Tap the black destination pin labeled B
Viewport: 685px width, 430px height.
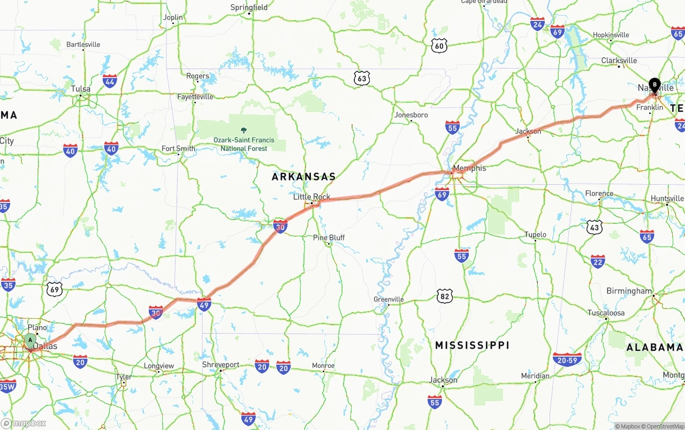[x=654, y=85]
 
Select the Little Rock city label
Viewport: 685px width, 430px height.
[x=311, y=197]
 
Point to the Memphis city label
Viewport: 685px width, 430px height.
[x=469, y=168]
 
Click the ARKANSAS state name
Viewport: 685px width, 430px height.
[x=303, y=176]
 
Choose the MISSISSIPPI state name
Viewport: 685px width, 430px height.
[x=471, y=345]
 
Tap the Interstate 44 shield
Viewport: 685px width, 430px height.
[x=110, y=81]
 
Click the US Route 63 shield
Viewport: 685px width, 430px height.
[x=362, y=79]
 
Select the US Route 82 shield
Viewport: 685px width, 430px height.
[x=444, y=296]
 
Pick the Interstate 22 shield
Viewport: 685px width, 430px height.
[x=598, y=261]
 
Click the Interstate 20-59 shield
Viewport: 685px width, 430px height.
[x=567, y=359]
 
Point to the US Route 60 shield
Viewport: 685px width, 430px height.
[x=439, y=46]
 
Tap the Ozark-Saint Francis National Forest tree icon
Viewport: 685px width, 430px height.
[x=244, y=130]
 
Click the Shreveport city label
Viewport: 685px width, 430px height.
[x=220, y=365]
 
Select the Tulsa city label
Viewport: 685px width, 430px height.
[x=81, y=89]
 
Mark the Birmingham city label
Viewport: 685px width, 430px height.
[x=629, y=291]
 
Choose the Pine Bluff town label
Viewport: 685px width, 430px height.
[x=329, y=237]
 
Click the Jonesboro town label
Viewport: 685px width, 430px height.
[x=411, y=115]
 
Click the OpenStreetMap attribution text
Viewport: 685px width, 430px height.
[x=664, y=426]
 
